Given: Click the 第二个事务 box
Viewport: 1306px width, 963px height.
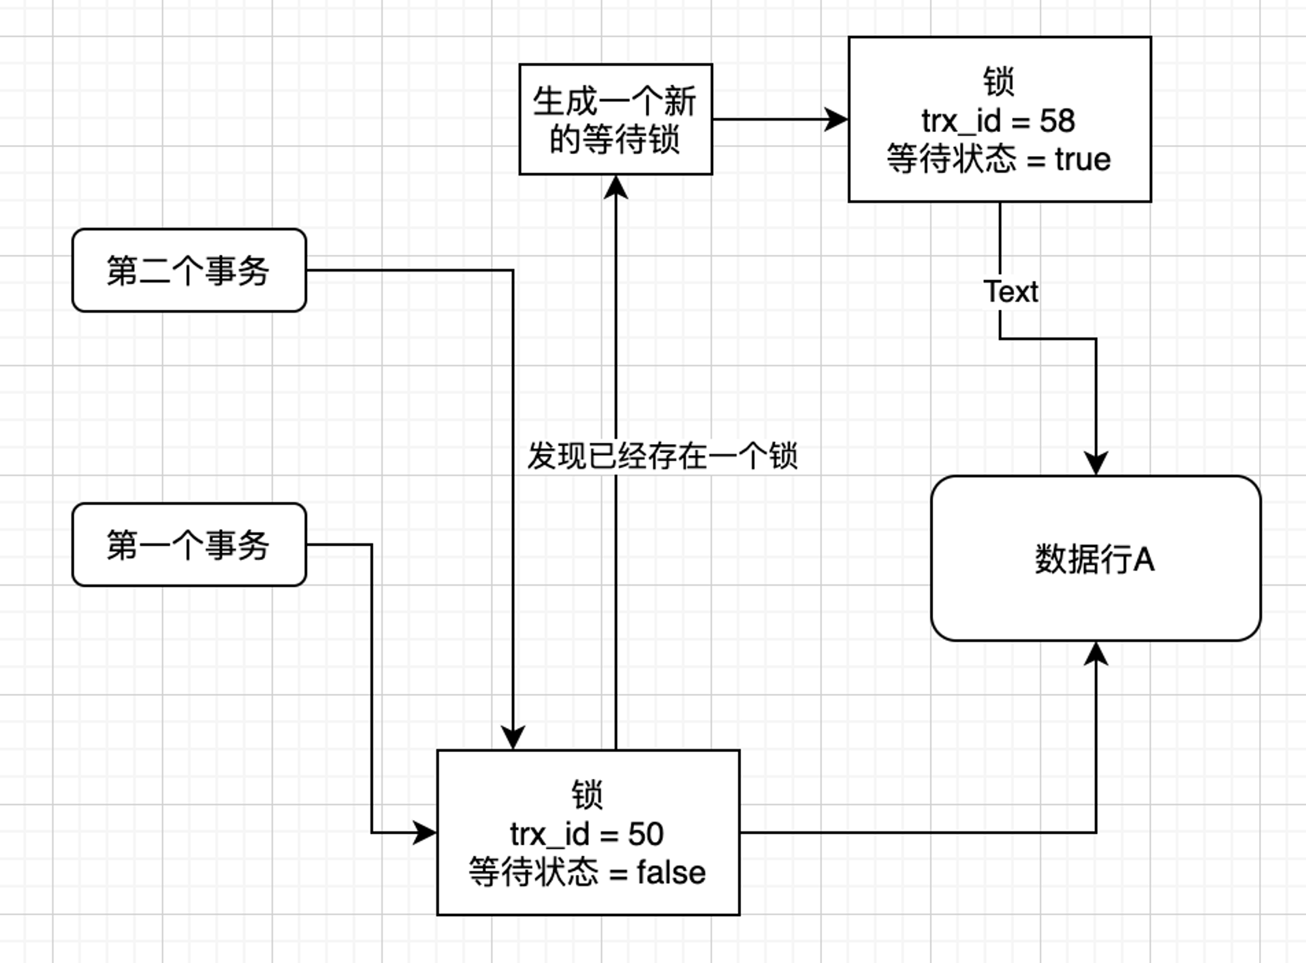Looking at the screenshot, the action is [x=189, y=270].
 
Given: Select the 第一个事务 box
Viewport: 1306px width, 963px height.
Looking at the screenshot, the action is [x=189, y=545].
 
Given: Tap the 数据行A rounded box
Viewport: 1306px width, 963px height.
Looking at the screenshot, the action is [x=1096, y=558].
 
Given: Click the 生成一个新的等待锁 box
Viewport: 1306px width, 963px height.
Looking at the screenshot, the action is [x=616, y=119].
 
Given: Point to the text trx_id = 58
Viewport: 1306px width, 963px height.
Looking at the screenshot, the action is [x=998, y=121].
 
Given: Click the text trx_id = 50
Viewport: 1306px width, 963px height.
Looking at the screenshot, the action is [x=587, y=834].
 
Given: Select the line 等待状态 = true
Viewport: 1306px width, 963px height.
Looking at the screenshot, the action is [x=998, y=159].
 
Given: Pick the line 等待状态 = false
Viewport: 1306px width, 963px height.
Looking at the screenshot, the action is [x=587, y=872].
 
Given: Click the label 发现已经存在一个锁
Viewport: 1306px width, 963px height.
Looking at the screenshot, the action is [x=662, y=456].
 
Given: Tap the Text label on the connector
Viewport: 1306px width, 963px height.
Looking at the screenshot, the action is [x=1011, y=292].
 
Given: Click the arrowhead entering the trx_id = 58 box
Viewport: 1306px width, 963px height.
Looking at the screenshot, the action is [x=836, y=119].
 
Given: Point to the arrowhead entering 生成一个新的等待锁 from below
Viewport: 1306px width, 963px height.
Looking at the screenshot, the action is [x=616, y=187].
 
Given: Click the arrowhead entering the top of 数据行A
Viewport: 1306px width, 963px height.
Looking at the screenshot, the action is [x=1096, y=464].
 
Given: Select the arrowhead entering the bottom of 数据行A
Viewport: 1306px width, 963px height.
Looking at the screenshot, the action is [x=1096, y=653].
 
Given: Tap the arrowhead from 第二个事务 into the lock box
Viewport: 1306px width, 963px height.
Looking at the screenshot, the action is [x=513, y=738].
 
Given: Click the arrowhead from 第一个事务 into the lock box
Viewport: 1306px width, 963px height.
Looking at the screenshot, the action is [x=425, y=833].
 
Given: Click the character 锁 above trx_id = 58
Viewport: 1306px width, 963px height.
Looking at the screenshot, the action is [x=998, y=82].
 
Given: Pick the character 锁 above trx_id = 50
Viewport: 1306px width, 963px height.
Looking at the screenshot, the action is [x=587, y=795].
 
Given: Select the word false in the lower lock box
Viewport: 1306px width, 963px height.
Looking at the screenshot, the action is [x=671, y=873].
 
